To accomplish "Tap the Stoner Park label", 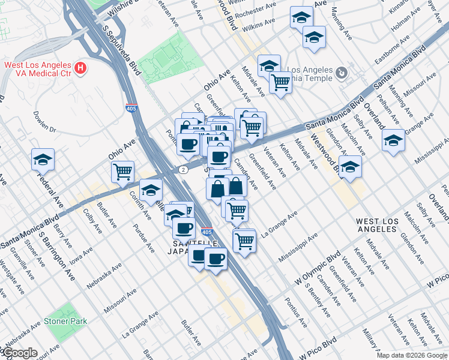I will (x=65, y=321).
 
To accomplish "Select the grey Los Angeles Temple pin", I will (x=341, y=73).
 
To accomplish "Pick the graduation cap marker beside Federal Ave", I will (x=43, y=160).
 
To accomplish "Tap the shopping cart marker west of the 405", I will (x=123, y=171).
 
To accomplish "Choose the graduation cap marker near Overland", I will (x=393, y=140).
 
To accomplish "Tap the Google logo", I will (x=20, y=353).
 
